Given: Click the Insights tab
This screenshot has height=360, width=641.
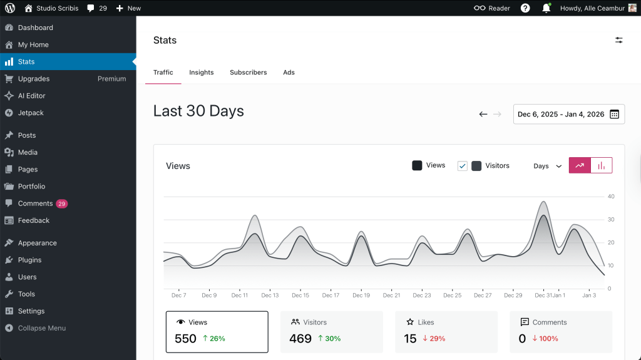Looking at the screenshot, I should click(202, 73).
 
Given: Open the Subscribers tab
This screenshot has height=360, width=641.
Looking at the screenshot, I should click(248, 73).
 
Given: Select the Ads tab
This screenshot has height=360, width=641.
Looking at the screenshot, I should click(289, 73).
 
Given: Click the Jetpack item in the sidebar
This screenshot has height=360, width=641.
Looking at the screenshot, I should click(31, 113).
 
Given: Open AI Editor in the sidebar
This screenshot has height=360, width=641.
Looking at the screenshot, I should click(31, 96).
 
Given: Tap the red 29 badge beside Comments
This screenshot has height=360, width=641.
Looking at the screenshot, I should click(61, 203).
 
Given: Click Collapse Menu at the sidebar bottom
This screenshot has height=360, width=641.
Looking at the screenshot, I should click(41, 328).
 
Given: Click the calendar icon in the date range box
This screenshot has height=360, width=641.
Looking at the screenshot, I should click(614, 115).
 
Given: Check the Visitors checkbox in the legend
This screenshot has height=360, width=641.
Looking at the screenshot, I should click(463, 166).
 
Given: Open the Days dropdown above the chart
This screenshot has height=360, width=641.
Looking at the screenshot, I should click(547, 166).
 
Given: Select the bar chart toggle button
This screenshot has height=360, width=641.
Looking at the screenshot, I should click(602, 165).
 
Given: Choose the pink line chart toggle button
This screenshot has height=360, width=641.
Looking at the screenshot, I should click(580, 165).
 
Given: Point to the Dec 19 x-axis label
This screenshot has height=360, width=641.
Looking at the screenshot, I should click(361, 296).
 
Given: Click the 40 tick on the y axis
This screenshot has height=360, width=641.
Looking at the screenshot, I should click(611, 197).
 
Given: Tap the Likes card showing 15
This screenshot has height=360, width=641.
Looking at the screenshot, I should click(446, 331).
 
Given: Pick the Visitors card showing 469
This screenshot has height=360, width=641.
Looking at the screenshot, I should click(331, 331).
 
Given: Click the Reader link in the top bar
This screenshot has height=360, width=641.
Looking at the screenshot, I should click(492, 8).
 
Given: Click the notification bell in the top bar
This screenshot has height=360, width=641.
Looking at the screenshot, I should click(546, 8).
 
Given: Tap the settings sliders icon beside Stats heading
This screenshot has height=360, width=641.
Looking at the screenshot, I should click(618, 40).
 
